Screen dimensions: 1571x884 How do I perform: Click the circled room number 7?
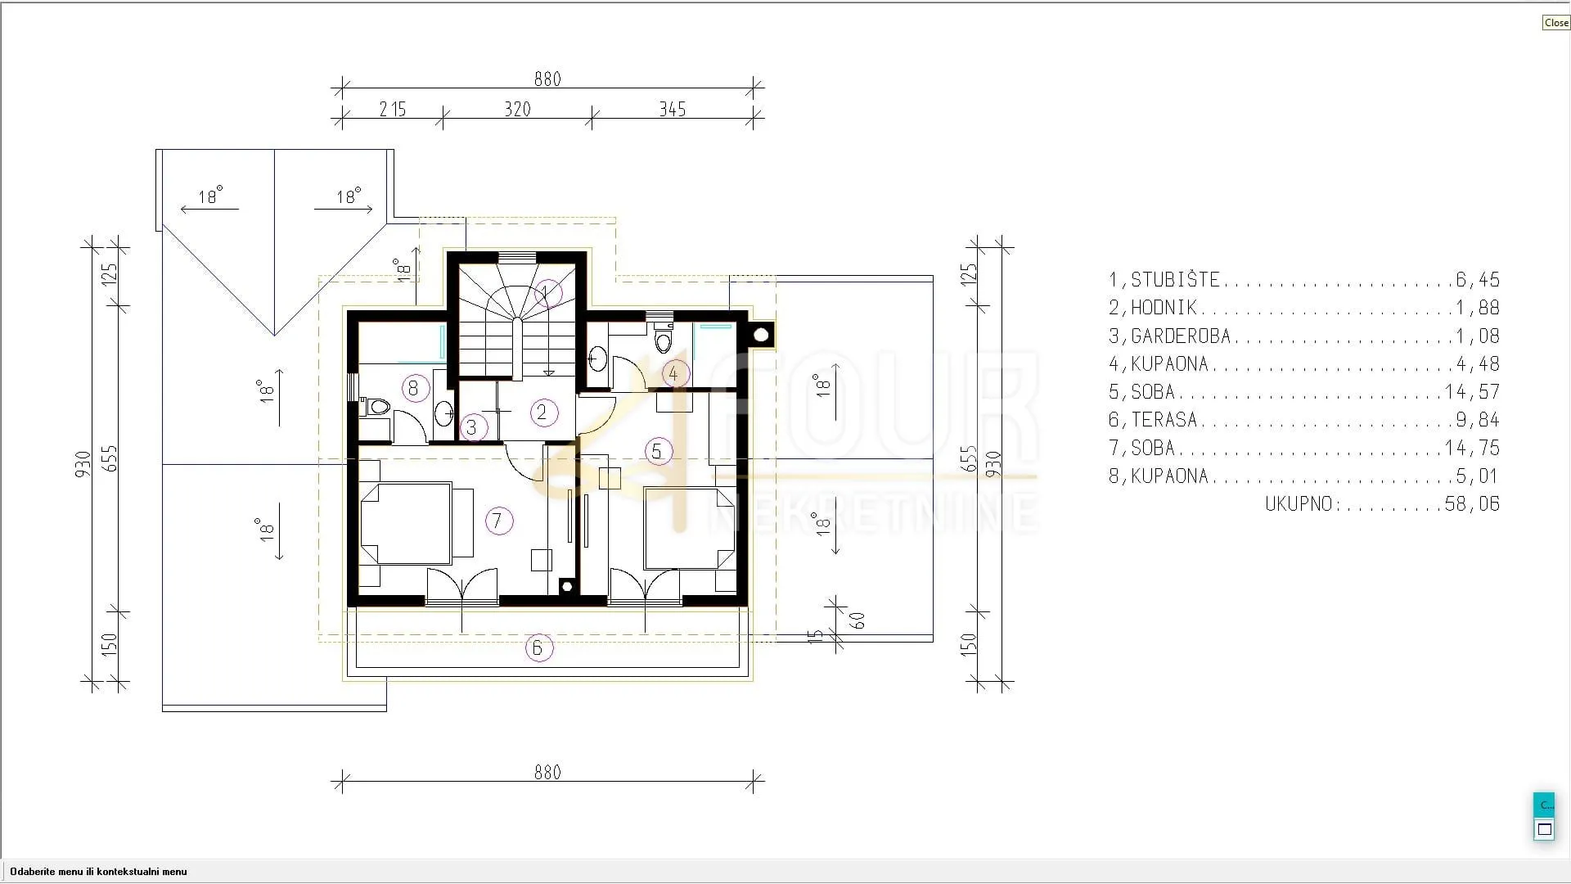[497, 521]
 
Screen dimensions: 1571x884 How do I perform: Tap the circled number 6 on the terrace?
[538, 648]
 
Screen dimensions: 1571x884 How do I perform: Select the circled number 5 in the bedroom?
[657, 451]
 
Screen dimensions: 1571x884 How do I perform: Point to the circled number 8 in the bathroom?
[414, 388]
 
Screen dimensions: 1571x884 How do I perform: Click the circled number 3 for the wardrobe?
[471, 426]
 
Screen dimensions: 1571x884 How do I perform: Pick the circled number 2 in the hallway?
[542, 413]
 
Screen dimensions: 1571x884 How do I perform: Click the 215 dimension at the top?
[393, 110]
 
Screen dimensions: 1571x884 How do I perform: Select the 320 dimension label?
[517, 110]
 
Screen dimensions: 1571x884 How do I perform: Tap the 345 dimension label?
[673, 110]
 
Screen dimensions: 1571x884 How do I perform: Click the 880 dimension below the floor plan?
[547, 773]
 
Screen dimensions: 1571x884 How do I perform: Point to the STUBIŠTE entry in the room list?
[1175, 280]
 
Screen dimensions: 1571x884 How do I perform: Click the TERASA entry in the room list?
[1164, 420]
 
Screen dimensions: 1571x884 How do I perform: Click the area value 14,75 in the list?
[1473, 449]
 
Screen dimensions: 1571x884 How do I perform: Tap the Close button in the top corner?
[1555, 23]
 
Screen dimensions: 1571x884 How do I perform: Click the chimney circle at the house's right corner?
[761, 335]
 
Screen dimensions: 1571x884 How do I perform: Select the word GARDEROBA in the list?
[1181, 336]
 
